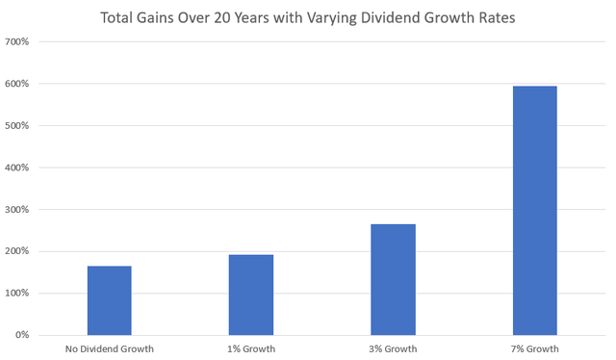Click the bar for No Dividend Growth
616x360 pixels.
[109, 300]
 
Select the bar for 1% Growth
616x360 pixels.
[250, 295]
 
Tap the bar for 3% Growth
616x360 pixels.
[393, 279]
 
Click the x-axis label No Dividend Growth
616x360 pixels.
[109, 348]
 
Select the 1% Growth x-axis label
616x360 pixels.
[250, 348]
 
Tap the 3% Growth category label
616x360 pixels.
[393, 348]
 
